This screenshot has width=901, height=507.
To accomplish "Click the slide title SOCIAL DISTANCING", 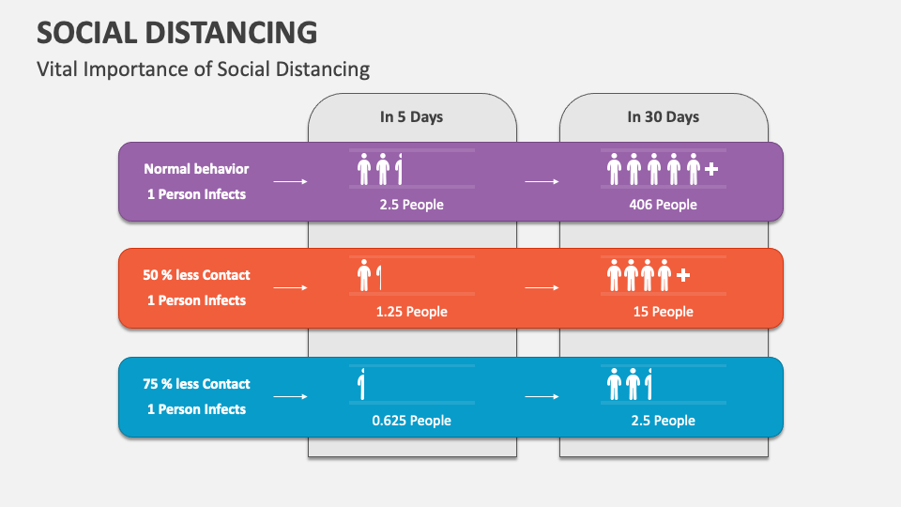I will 176,32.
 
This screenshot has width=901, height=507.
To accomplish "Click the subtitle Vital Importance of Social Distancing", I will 203,69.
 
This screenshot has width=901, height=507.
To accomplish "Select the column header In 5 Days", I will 411,117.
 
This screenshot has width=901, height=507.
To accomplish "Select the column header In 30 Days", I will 663,117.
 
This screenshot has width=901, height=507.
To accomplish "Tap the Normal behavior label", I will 196,169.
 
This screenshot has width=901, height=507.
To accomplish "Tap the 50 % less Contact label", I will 196,275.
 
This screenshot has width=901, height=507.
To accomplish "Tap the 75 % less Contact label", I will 196,384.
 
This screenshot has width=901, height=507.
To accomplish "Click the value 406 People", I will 663,204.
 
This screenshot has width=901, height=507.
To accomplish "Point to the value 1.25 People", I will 411,312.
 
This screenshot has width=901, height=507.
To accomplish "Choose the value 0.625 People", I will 411,421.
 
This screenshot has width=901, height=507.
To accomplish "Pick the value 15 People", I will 663,312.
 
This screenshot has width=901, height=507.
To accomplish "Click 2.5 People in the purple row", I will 411,204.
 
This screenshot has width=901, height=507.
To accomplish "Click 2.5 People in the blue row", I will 663,421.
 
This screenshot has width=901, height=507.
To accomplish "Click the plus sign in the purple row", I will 711,170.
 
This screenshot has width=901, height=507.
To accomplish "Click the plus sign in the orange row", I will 683,276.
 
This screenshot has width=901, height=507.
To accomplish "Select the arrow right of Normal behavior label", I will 291,182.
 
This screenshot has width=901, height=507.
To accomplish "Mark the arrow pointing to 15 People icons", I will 542,288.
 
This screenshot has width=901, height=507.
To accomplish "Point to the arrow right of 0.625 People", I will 542,397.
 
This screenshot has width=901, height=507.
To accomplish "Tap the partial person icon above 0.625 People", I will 361,384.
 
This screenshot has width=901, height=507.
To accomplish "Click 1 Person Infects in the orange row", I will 196,300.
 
